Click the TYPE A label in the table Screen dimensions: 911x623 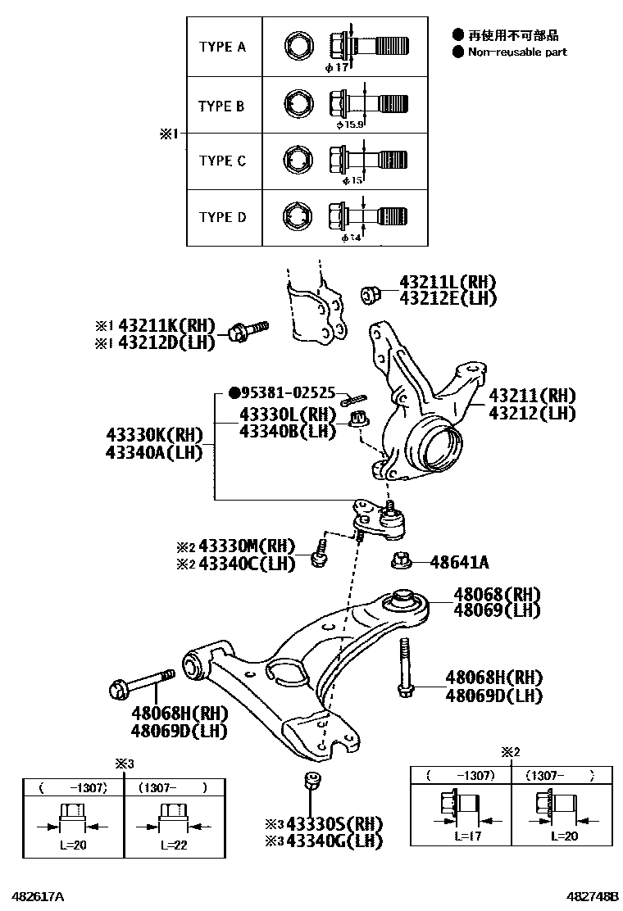tap(222, 48)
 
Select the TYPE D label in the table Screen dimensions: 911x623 tap(222, 218)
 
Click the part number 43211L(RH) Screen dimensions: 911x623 tap(448, 282)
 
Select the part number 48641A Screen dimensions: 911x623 tap(459, 562)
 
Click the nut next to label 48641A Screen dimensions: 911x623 tap(401, 561)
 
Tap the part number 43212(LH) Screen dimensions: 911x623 tap(533, 413)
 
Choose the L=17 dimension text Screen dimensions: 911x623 tap(467, 837)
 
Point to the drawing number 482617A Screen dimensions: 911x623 tap(38, 895)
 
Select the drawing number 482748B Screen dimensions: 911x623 tap(589, 895)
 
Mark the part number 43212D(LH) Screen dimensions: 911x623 tap(166, 342)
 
